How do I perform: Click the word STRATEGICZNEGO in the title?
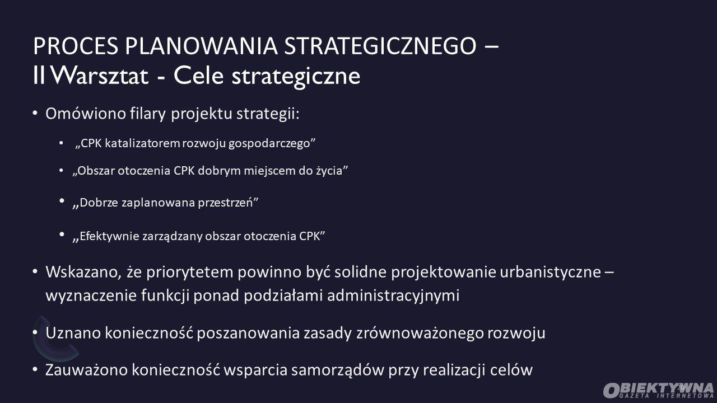[x=380, y=46]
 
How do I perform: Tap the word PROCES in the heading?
[x=76, y=46]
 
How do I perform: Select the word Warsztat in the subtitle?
[x=100, y=76]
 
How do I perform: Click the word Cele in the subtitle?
[x=198, y=76]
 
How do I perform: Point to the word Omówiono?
[x=86, y=114]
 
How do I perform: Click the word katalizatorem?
[x=142, y=143]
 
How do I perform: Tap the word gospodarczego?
[x=269, y=144]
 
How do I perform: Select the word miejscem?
[x=269, y=171]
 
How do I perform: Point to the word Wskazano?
[x=83, y=272]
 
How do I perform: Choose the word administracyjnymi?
[x=393, y=295]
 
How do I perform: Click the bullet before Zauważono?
[x=35, y=369]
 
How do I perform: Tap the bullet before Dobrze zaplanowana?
[x=62, y=201]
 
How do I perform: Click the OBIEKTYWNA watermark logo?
[x=658, y=390]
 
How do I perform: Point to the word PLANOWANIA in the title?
[x=201, y=46]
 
